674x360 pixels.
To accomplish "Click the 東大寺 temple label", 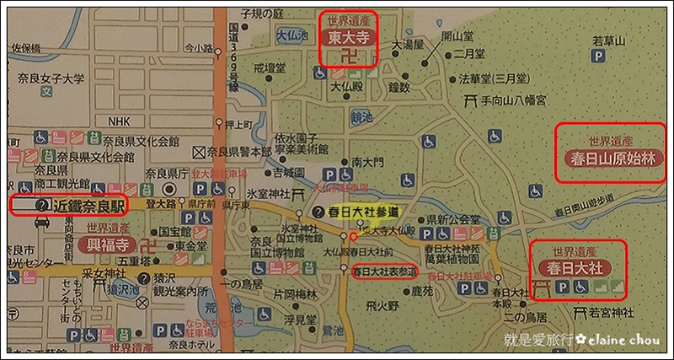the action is point(348,37).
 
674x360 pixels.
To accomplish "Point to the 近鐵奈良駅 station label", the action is point(88,205).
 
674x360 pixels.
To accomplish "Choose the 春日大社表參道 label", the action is point(383,271).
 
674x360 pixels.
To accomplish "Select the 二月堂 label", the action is point(468,53).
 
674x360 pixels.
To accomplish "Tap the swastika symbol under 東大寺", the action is point(348,56).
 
